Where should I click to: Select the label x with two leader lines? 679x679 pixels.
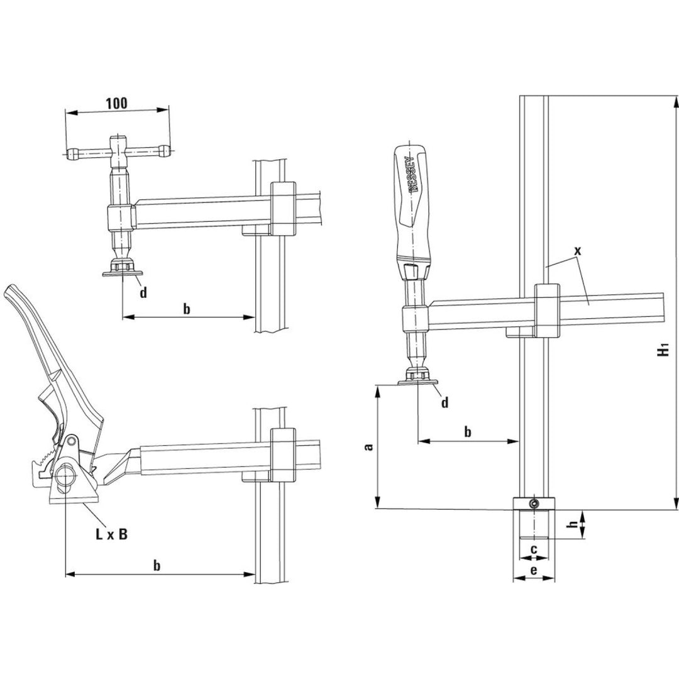[578, 250]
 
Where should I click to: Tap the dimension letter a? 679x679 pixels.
[370, 447]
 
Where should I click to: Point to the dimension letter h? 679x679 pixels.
[571, 526]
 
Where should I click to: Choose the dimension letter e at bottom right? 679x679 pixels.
[534, 570]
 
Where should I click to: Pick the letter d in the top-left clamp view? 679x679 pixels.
[143, 294]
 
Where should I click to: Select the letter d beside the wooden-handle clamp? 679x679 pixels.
[444, 403]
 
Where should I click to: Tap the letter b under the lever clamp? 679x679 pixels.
[157, 565]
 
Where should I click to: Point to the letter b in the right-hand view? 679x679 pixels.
[467, 432]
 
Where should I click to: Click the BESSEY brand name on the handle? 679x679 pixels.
[412, 174]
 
